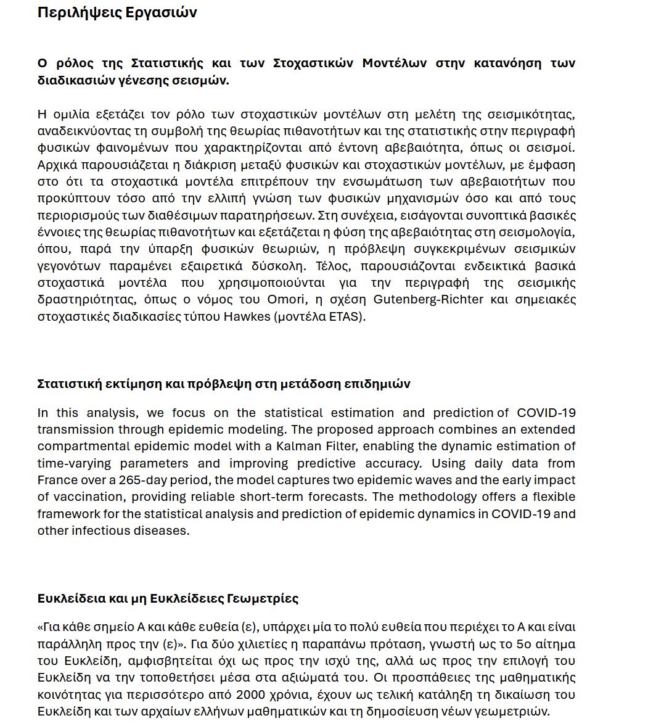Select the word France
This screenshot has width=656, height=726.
pyautogui.click(x=57, y=481)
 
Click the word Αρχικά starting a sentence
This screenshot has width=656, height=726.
pyautogui.click(x=55, y=165)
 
